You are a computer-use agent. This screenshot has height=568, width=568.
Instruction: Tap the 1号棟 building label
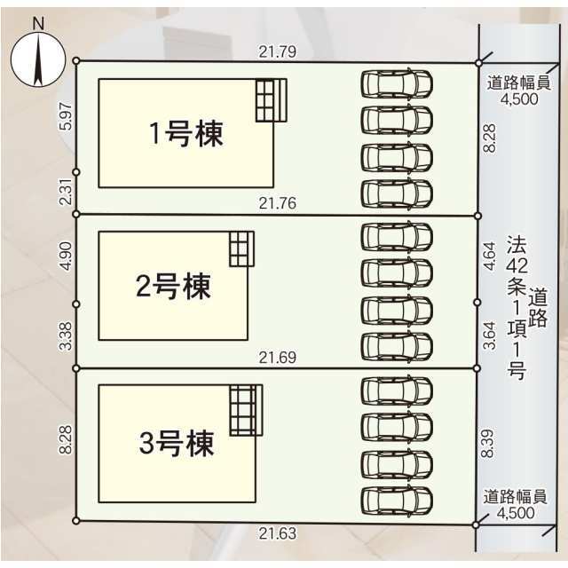pyautogui.click(x=185, y=134)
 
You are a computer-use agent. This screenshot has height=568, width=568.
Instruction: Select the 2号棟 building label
pyautogui.click(x=173, y=286)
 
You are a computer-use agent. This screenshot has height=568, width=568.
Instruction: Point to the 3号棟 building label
pyautogui.click(x=177, y=443)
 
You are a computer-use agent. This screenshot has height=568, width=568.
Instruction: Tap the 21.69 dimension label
pyautogui.click(x=277, y=358)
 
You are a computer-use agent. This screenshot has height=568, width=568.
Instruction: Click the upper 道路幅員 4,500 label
pyautogui.click(x=519, y=91)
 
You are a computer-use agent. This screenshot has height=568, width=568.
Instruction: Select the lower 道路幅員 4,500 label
pyautogui.click(x=516, y=504)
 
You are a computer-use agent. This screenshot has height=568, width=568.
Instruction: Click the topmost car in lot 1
pyautogui.click(x=397, y=83)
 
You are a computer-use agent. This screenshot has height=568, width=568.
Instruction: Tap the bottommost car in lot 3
pyautogui.click(x=397, y=499)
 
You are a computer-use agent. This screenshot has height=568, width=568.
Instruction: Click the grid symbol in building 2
pyautogui.click(x=241, y=248)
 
